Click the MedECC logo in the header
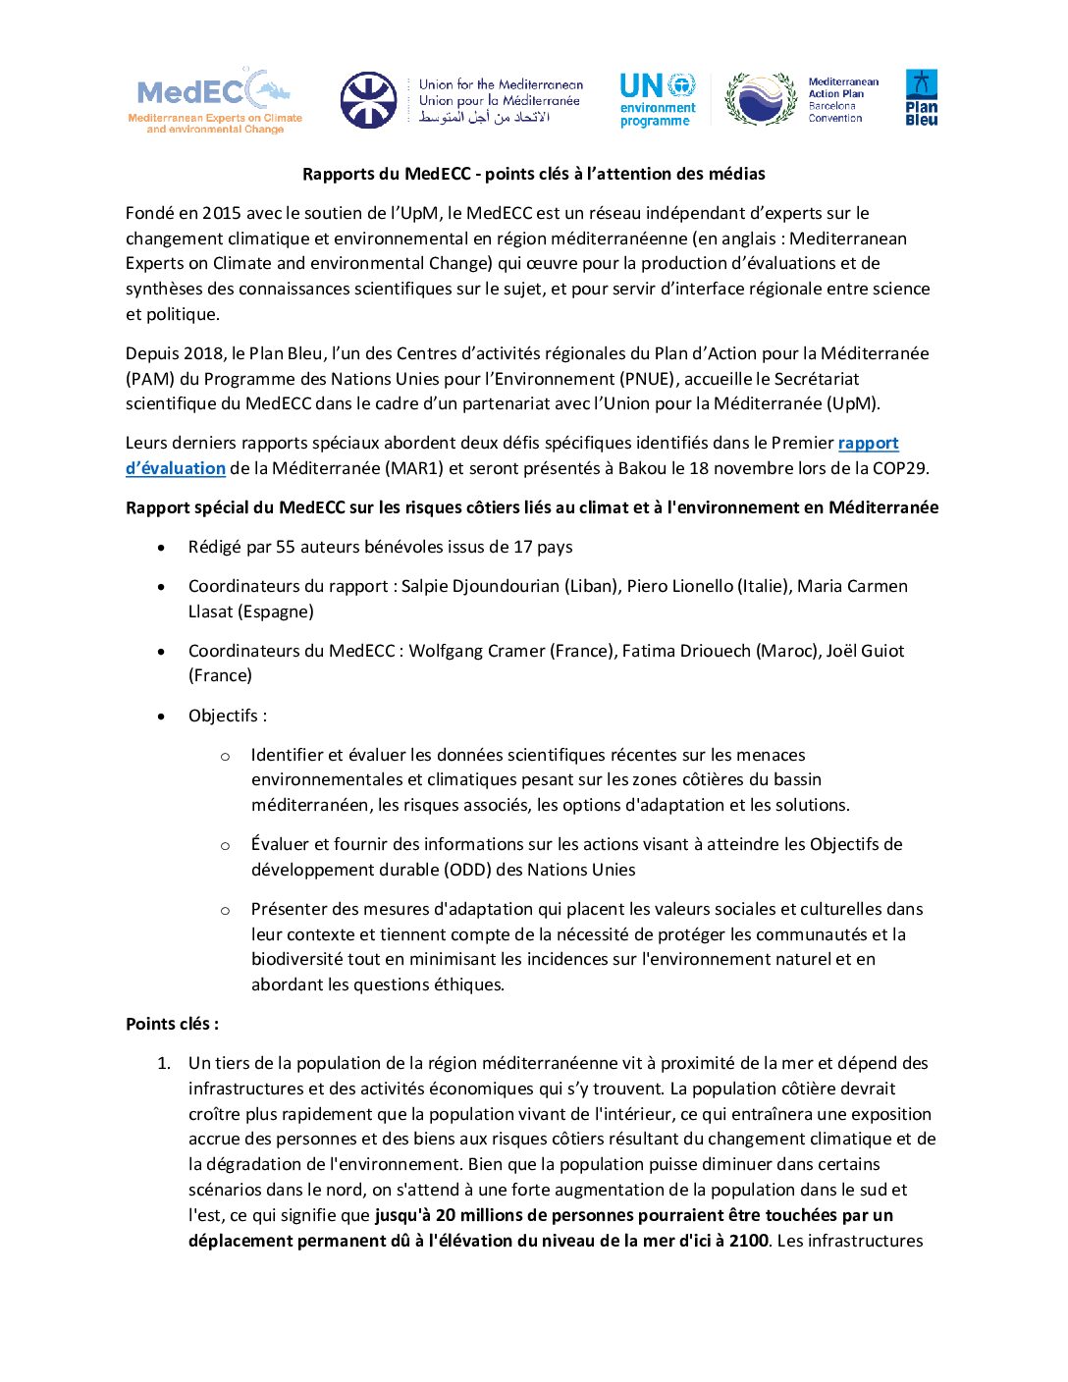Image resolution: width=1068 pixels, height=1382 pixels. click(215, 99)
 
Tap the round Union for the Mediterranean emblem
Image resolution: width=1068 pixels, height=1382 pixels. click(368, 100)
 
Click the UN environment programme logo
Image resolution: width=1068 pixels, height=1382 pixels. click(658, 99)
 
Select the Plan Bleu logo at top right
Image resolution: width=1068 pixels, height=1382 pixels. click(921, 97)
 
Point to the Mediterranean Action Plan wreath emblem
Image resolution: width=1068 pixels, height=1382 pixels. click(761, 99)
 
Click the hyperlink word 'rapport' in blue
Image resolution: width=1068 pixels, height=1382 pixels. click(868, 443)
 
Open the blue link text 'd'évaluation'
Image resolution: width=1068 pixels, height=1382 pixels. click(176, 468)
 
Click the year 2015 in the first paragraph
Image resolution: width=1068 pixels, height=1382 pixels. click(222, 213)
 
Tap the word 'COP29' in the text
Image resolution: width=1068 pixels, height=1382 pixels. click(899, 468)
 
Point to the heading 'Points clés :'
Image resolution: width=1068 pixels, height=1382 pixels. click(172, 1024)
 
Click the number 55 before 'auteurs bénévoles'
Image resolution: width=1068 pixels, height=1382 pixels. click(285, 547)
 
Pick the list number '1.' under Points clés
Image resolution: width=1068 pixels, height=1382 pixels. click(164, 1063)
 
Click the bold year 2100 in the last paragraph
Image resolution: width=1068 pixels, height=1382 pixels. click(748, 1241)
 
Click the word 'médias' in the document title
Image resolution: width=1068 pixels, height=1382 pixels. click(736, 174)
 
